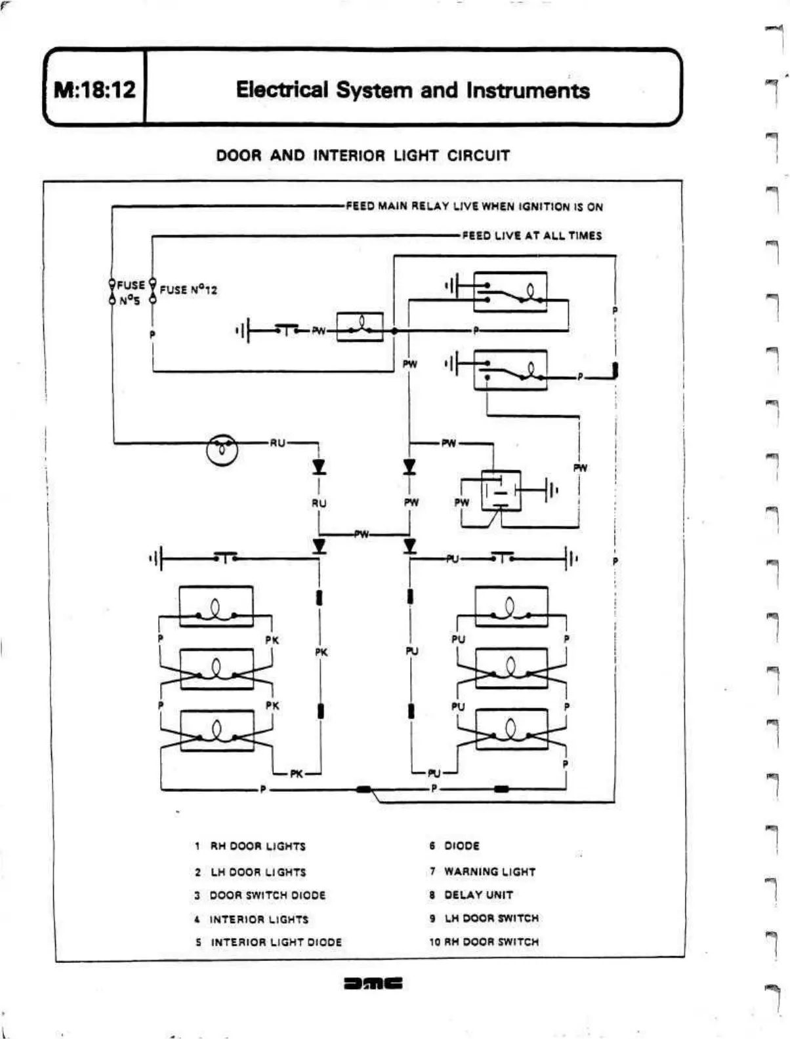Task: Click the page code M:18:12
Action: [94, 89]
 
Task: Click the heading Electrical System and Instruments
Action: [413, 90]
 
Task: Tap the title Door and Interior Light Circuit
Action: [363, 156]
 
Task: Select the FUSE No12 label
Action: [188, 290]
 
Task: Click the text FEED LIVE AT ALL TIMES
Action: [531, 235]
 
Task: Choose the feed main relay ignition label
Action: [474, 206]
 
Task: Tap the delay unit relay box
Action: [501, 490]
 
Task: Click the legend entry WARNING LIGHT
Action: [483, 871]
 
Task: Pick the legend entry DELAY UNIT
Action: [472, 895]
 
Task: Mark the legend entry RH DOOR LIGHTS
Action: [251, 846]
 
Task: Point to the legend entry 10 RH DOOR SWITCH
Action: [484, 941]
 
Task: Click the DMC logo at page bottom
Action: [373, 983]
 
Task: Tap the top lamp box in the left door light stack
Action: [216, 606]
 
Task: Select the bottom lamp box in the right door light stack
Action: [510, 728]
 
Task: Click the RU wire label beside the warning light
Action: [278, 443]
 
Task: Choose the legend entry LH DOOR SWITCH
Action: [485, 918]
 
